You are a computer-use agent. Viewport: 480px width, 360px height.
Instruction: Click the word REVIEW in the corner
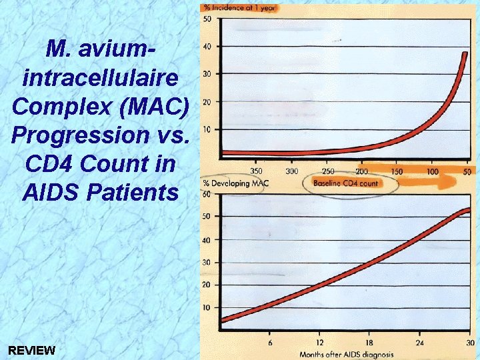coord(32,350)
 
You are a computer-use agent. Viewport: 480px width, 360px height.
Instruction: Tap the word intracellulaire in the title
coord(100,78)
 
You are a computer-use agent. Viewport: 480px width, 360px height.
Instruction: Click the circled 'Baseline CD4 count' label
coord(345,183)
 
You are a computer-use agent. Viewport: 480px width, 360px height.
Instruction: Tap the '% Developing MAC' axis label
coord(233,183)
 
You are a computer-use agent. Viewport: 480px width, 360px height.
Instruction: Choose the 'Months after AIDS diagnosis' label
coord(346,354)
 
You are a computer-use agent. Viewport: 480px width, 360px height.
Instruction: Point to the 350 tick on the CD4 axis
coord(257,171)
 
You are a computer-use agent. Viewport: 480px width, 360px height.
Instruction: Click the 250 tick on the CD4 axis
coord(327,171)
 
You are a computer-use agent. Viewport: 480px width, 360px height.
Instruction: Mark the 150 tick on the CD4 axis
coord(397,171)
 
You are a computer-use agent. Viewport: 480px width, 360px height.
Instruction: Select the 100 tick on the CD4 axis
coord(432,171)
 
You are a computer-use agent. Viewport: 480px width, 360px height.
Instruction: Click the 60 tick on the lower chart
coord(207,194)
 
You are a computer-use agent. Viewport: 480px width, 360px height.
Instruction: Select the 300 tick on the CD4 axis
coord(292,171)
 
